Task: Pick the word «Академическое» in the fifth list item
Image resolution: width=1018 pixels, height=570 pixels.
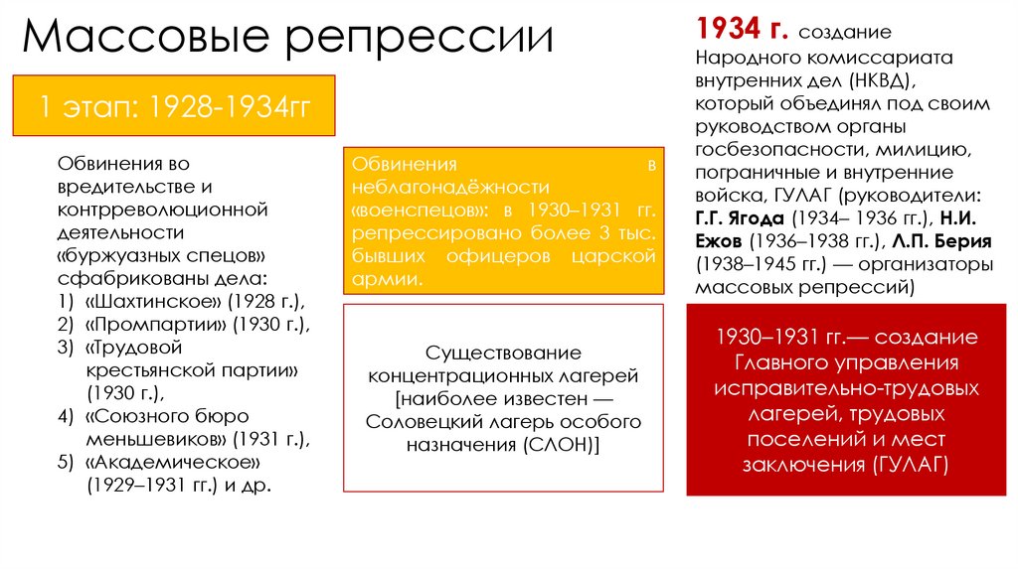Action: (173, 464)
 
